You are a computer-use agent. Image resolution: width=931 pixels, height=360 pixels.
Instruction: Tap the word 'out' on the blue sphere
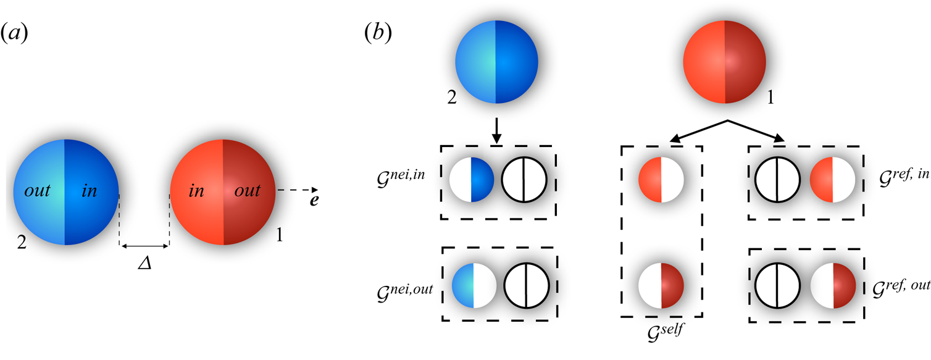coord(38,191)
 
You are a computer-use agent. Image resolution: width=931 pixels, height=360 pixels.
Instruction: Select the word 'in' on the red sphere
coord(196,191)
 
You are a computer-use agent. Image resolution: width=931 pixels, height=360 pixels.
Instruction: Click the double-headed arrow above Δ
coord(144,247)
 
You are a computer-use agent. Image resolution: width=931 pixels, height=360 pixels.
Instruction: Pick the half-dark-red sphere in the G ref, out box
coord(833,286)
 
